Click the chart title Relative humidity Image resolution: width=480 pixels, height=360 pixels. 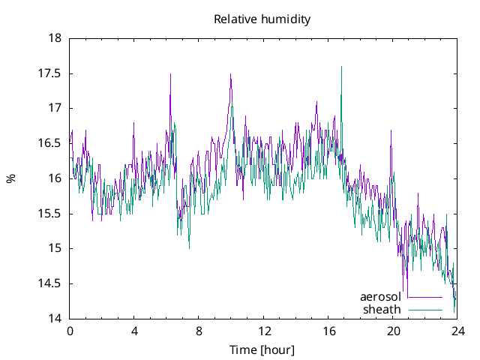[262, 19]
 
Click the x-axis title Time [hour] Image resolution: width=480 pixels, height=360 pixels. [262, 350]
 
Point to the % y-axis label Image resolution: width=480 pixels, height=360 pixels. [10, 178]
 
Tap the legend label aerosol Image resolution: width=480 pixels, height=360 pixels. [380, 297]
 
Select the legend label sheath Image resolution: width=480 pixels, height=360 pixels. [382, 309]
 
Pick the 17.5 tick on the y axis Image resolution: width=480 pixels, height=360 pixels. [51, 73]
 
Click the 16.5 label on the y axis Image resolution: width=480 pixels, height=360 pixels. [51, 143]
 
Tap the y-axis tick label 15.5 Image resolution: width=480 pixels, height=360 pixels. [51, 214]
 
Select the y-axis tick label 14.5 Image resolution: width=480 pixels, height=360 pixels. [51, 283]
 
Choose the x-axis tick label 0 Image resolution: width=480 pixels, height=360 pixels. [70, 331]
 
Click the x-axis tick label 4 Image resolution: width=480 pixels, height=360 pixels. [134, 331]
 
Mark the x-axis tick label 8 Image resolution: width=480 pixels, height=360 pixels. [199, 331]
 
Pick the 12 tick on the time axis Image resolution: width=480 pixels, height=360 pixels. [264, 331]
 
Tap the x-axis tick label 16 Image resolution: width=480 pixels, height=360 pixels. [328, 331]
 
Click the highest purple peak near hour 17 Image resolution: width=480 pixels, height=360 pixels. [341, 67]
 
